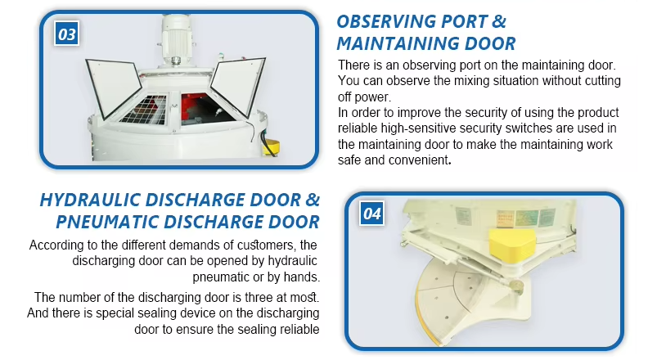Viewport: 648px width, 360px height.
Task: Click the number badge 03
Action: (x=67, y=34)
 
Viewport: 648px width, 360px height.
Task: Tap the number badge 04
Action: (x=372, y=214)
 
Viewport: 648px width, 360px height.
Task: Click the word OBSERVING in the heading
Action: (x=386, y=21)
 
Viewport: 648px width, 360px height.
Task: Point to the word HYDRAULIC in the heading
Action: (x=90, y=200)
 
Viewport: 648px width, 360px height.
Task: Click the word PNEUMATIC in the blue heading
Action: (x=107, y=222)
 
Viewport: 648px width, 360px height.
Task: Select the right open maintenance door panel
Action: (x=238, y=86)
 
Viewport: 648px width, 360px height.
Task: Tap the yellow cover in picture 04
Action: (x=512, y=245)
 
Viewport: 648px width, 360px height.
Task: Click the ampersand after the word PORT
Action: (x=499, y=21)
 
